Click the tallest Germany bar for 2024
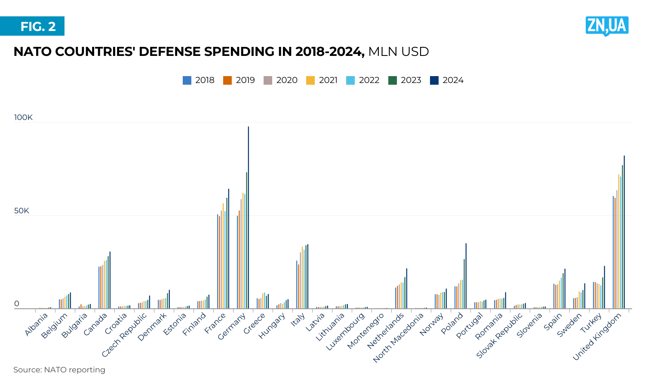click(x=248, y=217)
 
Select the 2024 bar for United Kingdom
click(x=624, y=232)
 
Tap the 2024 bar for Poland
click(x=466, y=276)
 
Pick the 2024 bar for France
click(x=228, y=249)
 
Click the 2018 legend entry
click(x=199, y=80)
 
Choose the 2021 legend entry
click(x=322, y=80)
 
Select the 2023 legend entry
click(x=405, y=80)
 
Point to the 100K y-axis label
click(x=23, y=117)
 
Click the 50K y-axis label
click(x=21, y=211)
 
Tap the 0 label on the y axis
click(x=17, y=304)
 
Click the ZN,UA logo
click(x=607, y=26)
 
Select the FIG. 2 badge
click(x=32, y=26)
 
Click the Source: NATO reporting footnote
click(x=59, y=370)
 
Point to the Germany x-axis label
click(x=232, y=326)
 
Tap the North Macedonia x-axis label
click(x=399, y=338)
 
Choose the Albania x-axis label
click(x=37, y=325)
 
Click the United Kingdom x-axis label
click(x=597, y=337)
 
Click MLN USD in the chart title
click(x=399, y=52)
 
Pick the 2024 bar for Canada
click(x=110, y=280)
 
